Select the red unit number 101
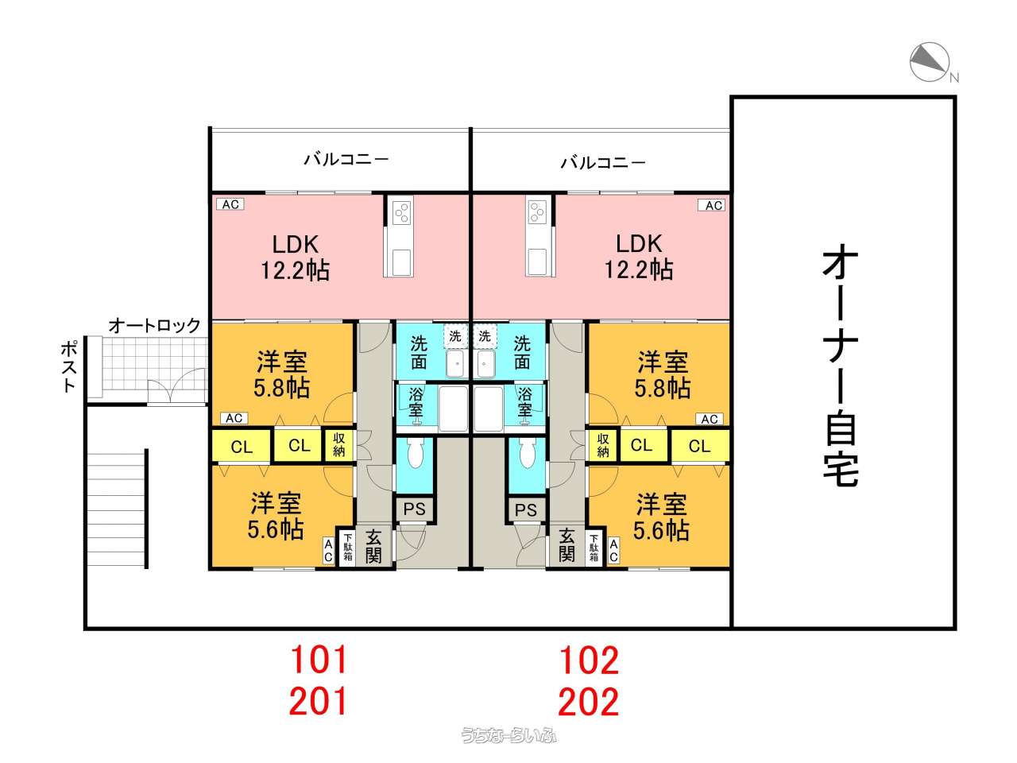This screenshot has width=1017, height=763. (319, 660)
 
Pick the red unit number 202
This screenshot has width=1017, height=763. (589, 701)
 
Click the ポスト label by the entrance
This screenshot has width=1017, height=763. (69, 366)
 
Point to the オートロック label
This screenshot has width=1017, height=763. (154, 325)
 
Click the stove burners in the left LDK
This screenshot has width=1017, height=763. (401, 213)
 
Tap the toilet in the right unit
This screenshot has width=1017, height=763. (526, 453)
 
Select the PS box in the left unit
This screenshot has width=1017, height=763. (414, 509)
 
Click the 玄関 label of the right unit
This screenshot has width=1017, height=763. (567, 546)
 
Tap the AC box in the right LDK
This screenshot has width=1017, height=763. (711, 205)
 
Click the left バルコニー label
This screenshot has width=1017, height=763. (346, 160)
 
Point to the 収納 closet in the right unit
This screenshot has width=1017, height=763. (602, 445)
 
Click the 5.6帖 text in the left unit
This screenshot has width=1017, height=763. (276, 530)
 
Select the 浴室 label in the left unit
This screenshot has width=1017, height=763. (416, 402)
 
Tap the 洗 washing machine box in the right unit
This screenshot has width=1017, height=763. (485, 335)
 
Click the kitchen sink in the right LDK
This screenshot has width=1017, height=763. (537, 261)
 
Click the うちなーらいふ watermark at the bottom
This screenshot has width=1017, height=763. (508, 735)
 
